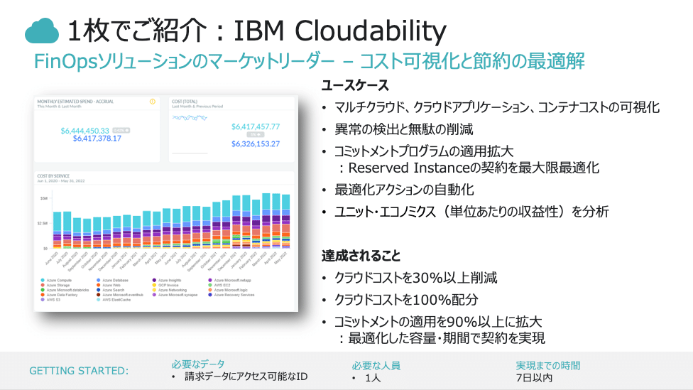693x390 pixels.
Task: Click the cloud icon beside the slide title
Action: pos(41,31)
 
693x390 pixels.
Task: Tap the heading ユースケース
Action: pos(355,86)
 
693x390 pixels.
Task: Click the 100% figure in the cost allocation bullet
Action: pos(430,299)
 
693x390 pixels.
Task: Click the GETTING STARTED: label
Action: pos(79,371)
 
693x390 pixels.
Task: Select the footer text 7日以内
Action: pos(534,377)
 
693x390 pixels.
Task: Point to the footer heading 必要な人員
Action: pos(376,365)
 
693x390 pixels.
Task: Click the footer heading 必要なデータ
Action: pos(188,364)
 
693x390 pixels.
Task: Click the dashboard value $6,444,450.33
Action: pos(85,131)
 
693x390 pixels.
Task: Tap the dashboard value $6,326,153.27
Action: pos(256,143)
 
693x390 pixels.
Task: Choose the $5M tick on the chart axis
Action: pos(44,198)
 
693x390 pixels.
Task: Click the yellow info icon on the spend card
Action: pos(152,102)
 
